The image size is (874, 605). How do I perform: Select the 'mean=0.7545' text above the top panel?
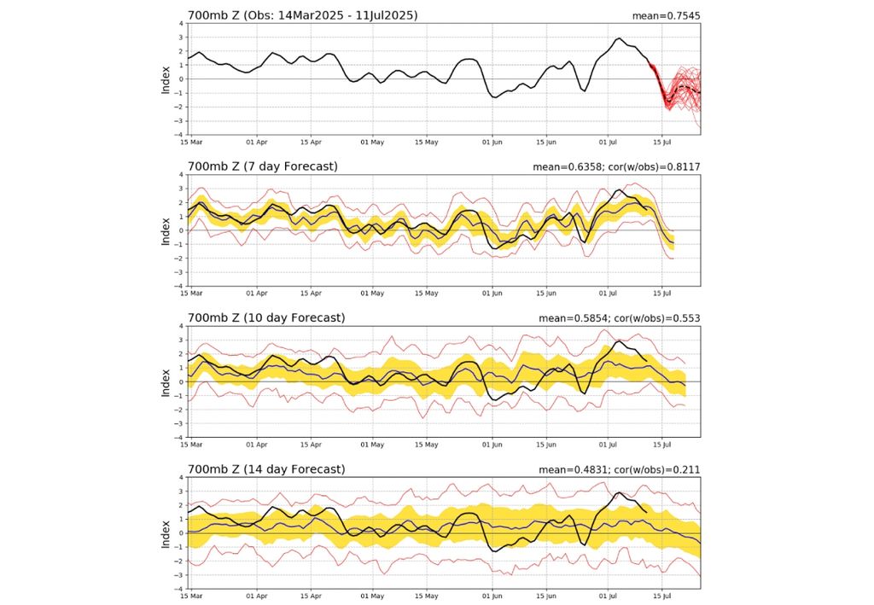[666, 15]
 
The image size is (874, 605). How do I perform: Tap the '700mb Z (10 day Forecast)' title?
[266, 317]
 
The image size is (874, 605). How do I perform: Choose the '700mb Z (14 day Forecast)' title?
[266, 468]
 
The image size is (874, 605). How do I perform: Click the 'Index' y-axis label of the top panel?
[166, 79]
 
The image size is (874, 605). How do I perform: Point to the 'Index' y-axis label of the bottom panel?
[166, 532]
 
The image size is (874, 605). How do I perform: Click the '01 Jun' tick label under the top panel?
[492, 143]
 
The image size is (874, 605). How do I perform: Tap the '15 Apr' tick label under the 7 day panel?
[312, 294]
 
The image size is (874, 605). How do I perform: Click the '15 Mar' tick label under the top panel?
[189, 143]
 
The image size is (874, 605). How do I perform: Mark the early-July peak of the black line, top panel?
[620, 38]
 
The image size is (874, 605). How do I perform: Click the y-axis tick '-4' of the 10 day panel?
[178, 437]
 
